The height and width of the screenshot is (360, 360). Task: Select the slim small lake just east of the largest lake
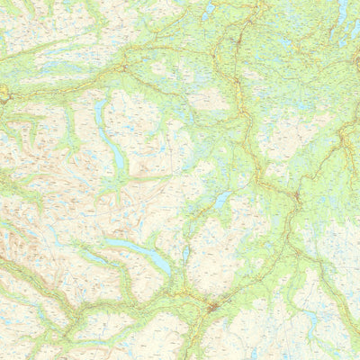click(186, 255)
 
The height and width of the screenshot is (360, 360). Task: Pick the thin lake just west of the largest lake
click(94, 257)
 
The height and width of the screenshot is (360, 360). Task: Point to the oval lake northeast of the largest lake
click(220, 200)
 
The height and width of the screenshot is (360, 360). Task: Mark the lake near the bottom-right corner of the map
click(315, 319)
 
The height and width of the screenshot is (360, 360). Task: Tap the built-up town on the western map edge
click(4, 92)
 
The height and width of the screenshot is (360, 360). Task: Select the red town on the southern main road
click(212, 308)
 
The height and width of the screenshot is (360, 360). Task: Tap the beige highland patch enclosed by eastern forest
click(279, 135)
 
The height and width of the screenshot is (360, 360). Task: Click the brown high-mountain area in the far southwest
click(18, 243)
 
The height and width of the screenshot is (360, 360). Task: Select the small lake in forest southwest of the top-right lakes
click(286, 40)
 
